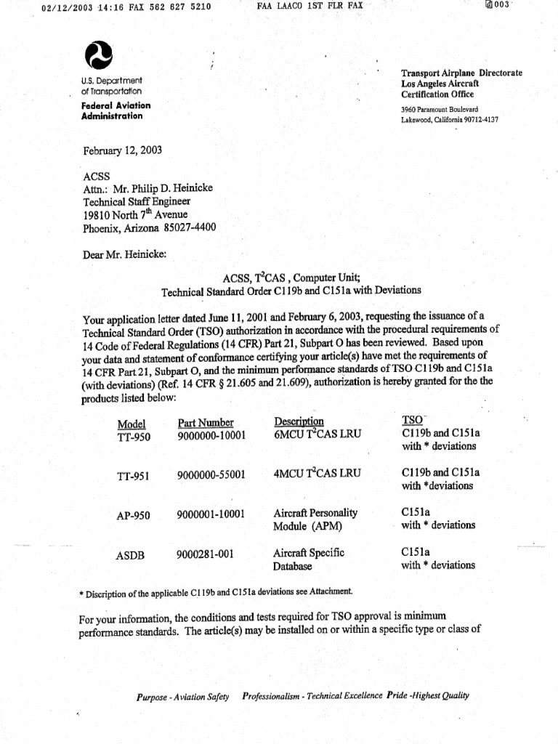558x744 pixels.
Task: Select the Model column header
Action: (x=131, y=424)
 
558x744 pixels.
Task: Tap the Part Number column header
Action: (x=206, y=423)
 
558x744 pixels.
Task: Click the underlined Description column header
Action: (x=299, y=422)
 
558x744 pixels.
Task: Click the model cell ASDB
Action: (x=131, y=556)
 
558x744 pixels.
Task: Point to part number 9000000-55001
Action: (x=211, y=475)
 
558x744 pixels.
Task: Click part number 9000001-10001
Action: (x=211, y=514)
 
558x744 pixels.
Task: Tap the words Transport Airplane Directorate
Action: (x=461, y=73)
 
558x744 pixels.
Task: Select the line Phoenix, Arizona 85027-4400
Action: (x=149, y=228)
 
